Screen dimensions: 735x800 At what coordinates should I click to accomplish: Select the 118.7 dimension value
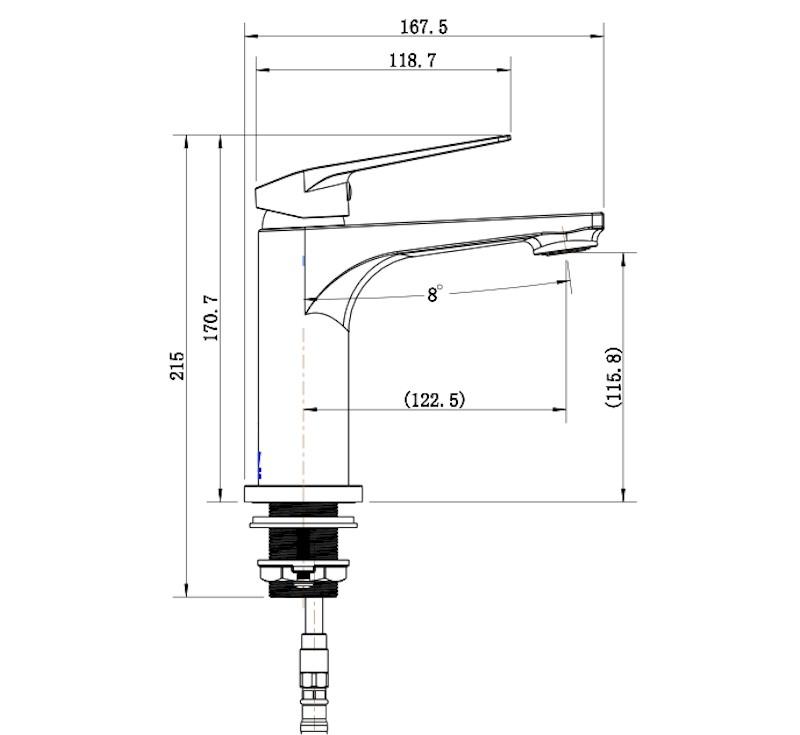pyautogui.click(x=412, y=61)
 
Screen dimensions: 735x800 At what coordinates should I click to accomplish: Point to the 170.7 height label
pyautogui.click(x=211, y=318)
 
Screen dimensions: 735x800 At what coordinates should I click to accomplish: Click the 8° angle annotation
pyautogui.click(x=435, y=294)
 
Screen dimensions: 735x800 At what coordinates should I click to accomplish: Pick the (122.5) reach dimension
pyautogui.click(x=434, y=399)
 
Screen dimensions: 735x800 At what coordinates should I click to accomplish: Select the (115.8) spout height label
pyautogui.click(x=614, y=376)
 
